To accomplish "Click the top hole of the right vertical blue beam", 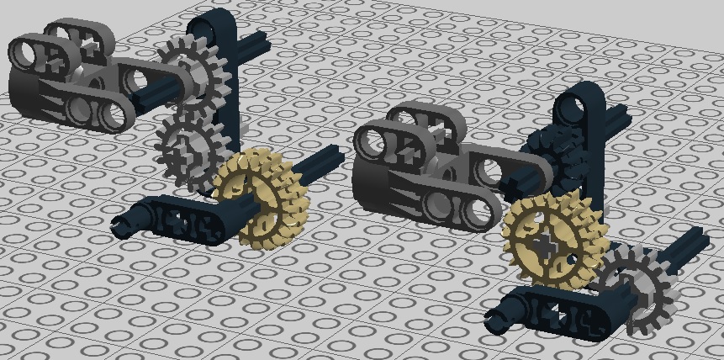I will pos(579,104).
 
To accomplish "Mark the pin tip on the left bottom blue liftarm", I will pos(121,223).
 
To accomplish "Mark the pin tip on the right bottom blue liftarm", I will pos(493,313).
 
